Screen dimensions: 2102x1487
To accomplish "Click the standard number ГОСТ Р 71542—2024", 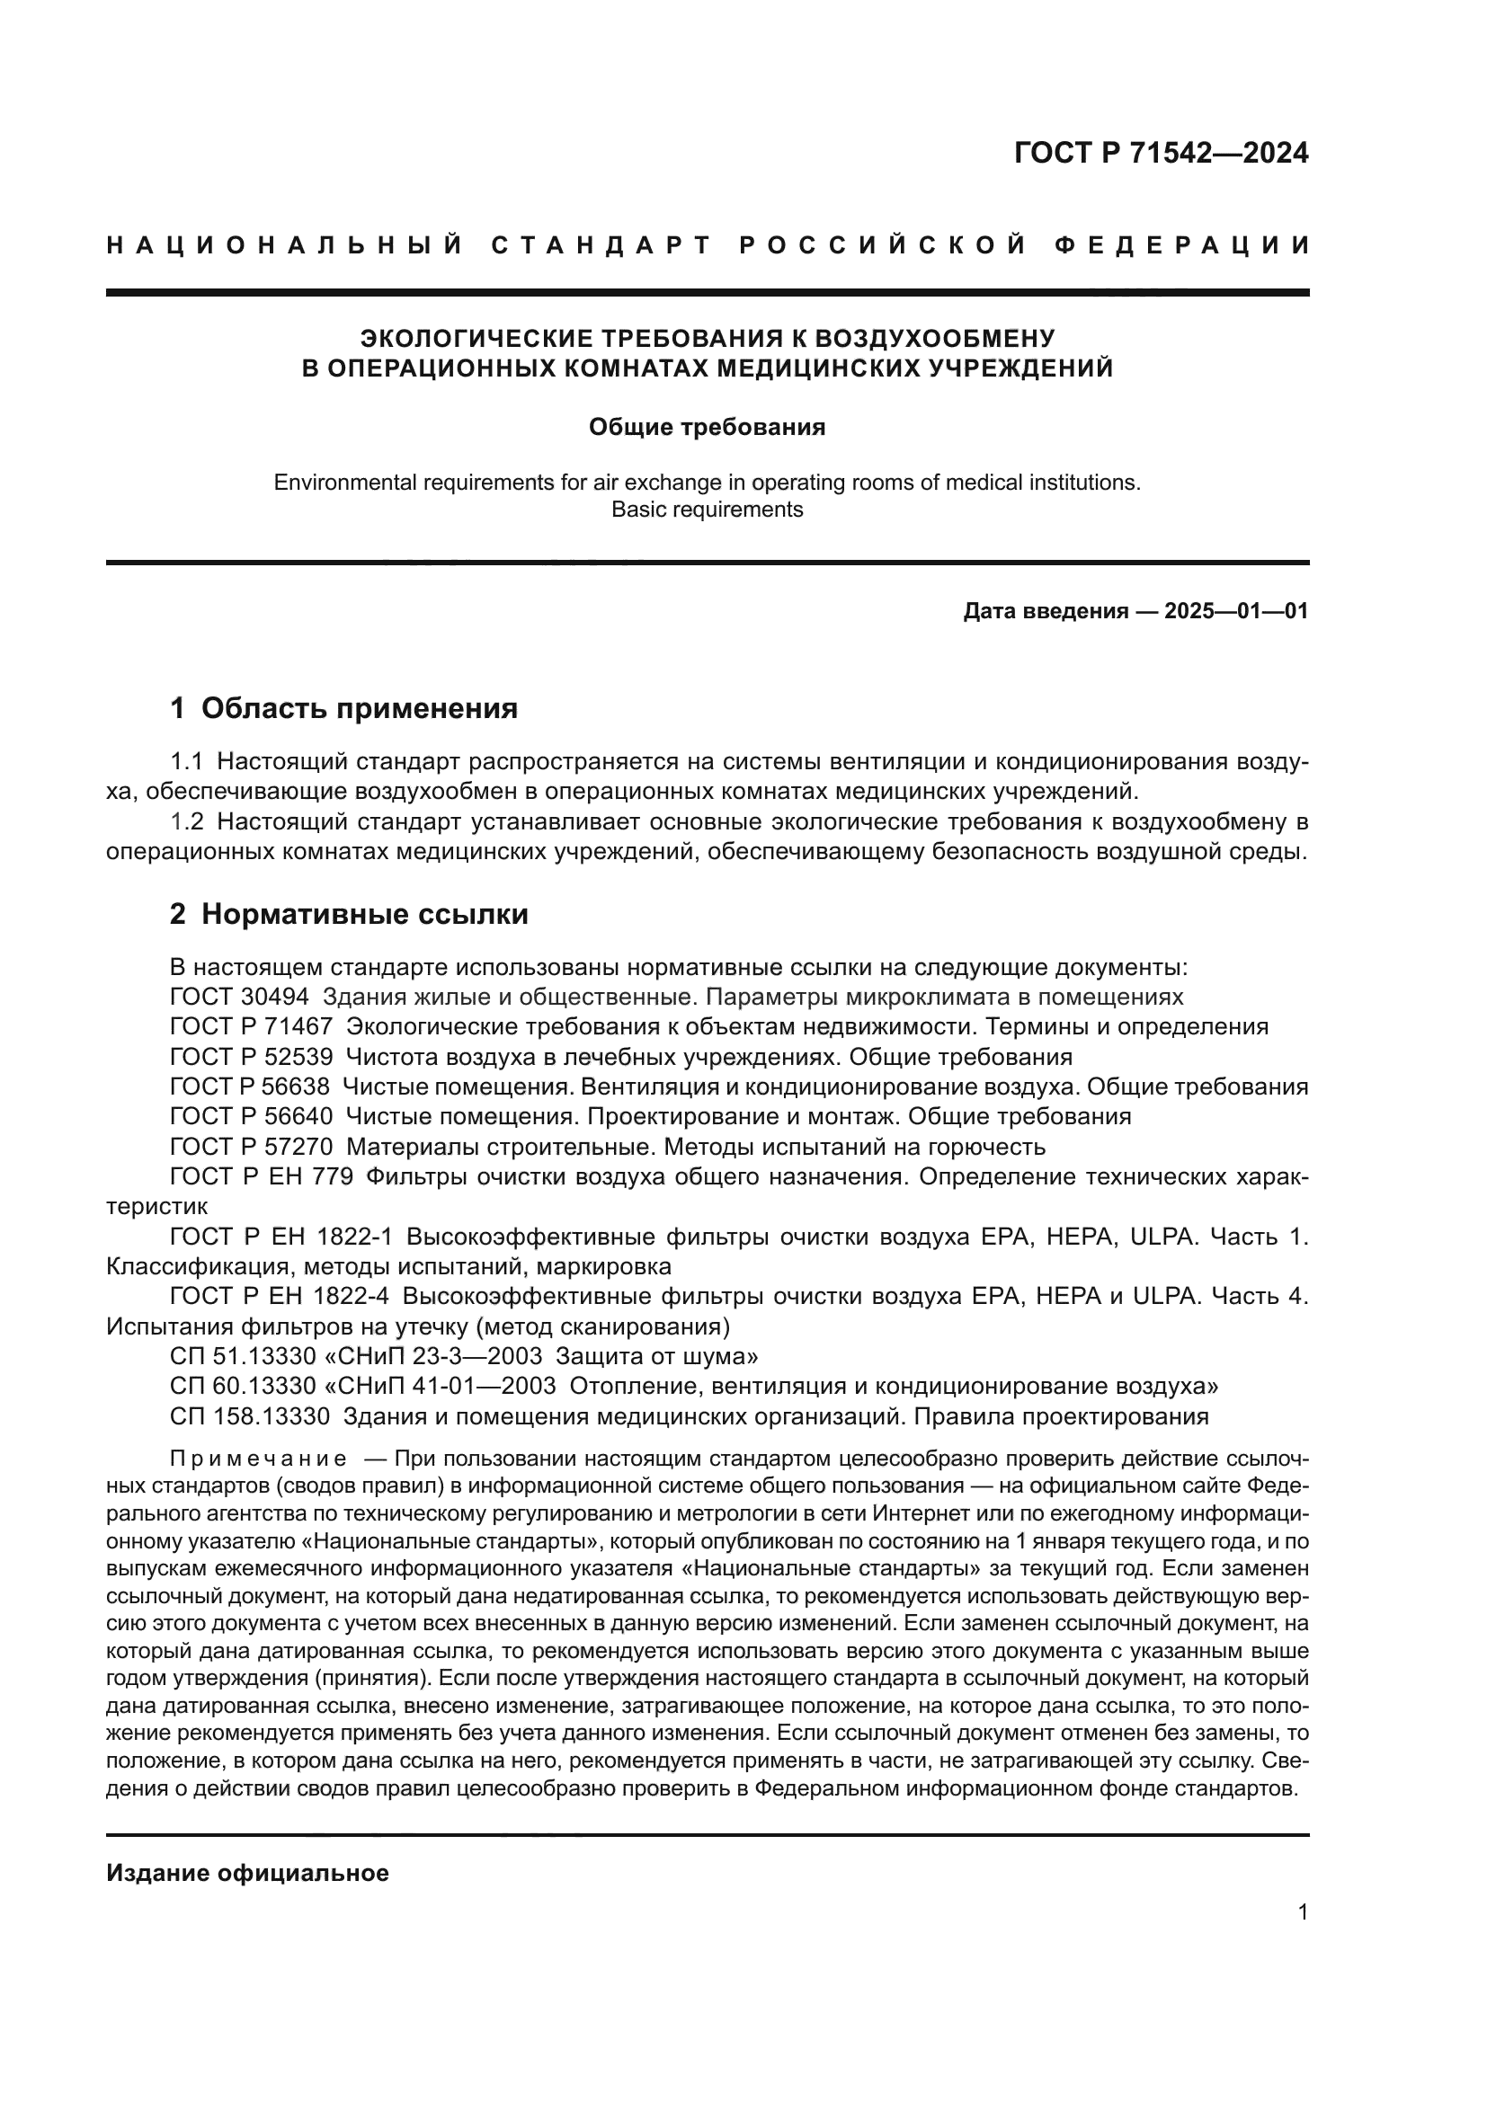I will point(1161,153).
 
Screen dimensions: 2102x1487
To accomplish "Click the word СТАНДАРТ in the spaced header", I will point(601,245).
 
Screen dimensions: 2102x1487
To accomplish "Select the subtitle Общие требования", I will point(707,428).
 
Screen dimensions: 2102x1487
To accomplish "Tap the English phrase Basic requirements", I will point(707,509).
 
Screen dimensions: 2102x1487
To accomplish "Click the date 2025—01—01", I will point(1236,612).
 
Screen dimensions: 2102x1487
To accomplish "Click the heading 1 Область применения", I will point(343,707).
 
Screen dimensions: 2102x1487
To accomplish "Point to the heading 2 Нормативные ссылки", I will point(349,914).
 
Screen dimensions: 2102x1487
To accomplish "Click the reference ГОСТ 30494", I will point(239,997).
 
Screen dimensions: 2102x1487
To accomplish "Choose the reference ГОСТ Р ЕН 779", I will point(261,1177).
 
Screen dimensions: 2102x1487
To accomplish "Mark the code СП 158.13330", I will point(249,1416).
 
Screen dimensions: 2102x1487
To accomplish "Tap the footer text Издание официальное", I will point(247,1873).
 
